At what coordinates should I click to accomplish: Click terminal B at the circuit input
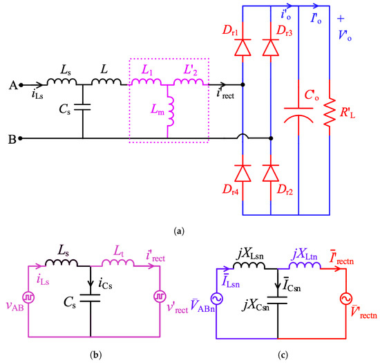[x=21, y=138]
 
